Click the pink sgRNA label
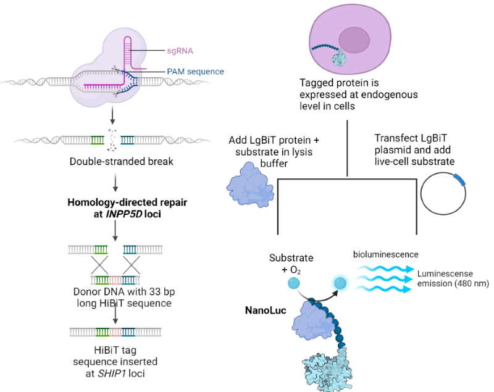tap(180, 51)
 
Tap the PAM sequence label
tap(195, 72)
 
